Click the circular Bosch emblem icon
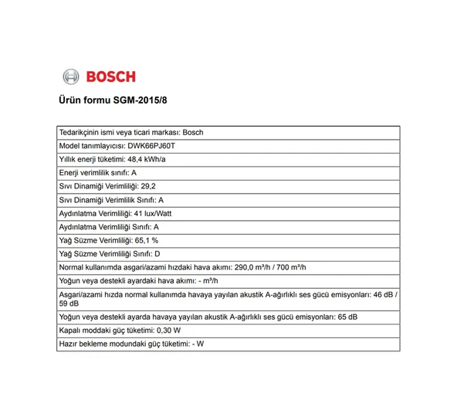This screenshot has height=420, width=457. point(71,76)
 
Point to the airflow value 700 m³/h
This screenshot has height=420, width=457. point(291,267)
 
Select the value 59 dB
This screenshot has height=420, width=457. point(69,303)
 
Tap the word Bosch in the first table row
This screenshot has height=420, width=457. point(194,132)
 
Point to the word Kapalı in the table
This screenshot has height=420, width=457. point(70,330)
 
